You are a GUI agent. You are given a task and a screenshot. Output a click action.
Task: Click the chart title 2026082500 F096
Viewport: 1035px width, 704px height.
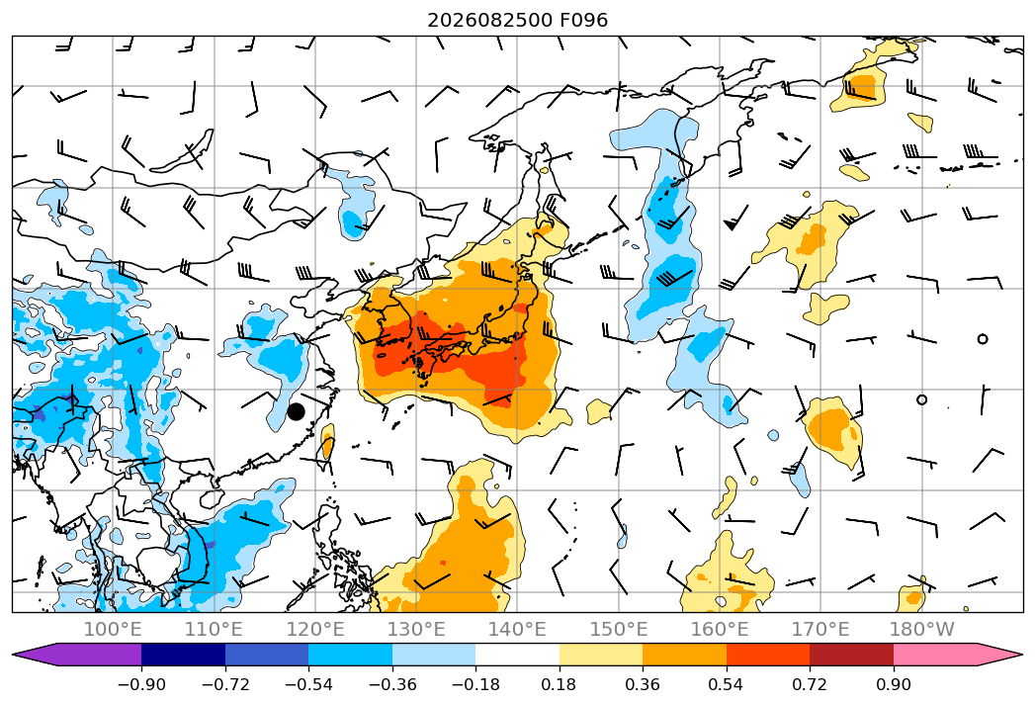point(518,20)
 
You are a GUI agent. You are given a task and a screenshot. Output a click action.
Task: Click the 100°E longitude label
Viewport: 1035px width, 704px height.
point(113,629)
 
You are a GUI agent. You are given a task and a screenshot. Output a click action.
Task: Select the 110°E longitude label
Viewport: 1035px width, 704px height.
point(214,629)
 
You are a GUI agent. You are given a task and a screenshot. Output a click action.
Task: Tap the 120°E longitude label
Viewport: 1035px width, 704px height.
point(315,629)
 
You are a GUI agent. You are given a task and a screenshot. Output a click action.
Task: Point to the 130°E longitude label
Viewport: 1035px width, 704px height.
point(416,629)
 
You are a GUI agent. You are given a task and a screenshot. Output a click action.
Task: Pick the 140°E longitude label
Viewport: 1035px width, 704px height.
point(517,629)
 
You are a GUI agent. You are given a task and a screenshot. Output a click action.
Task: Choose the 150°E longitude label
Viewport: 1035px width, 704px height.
point(619,629)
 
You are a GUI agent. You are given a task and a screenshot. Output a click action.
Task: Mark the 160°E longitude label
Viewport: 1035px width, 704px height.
point(720,629)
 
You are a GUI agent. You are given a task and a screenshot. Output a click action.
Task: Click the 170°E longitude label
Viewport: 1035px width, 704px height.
point(820,629)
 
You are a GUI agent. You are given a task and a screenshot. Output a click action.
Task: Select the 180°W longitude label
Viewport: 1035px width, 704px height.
point(921,629)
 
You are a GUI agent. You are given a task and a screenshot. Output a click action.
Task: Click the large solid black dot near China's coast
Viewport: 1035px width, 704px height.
point(296,411)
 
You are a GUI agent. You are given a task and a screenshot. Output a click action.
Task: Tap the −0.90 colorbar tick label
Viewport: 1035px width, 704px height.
point(141,684)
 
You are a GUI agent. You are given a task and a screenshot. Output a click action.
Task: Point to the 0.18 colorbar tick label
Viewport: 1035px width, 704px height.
point(560,684)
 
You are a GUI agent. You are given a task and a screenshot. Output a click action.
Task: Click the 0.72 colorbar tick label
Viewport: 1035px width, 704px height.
point(810,684)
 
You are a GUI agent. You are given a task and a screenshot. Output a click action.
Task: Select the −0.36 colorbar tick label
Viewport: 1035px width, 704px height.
point(392,684)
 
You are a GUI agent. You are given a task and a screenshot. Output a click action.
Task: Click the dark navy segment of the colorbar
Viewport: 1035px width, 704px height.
point(183,654)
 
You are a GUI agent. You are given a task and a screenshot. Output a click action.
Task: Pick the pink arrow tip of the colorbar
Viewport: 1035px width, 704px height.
point(1000,654)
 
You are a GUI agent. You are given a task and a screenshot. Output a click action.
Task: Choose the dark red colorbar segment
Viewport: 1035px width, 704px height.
point(851,654)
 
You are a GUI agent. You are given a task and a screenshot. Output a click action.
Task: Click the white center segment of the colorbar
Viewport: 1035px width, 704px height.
point(518,654)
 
